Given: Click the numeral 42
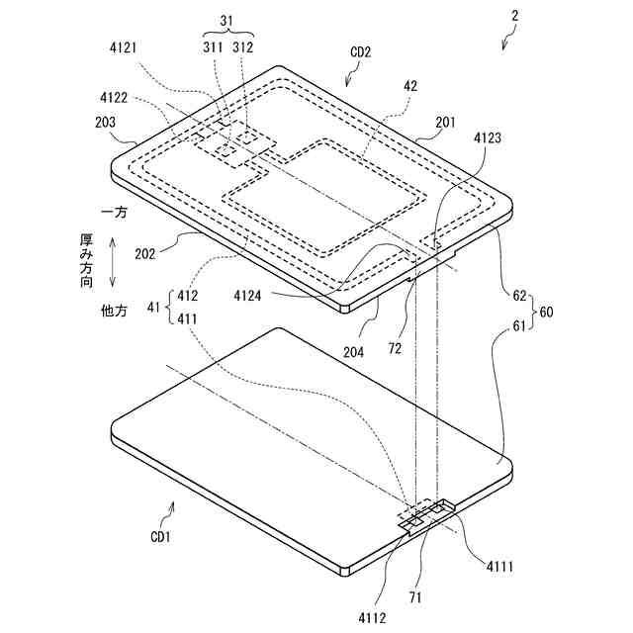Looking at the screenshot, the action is (409, 86).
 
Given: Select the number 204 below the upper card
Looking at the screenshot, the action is (354, 350).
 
